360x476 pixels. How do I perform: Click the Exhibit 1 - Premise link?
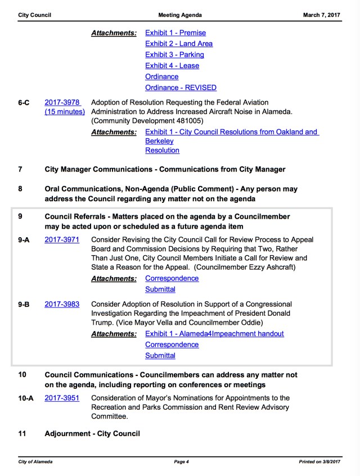click(175, 33)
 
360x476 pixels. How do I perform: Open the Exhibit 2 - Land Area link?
click(179, 44)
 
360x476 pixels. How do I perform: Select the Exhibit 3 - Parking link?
click(174, 55)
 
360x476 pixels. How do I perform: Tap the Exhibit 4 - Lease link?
click(172, 66)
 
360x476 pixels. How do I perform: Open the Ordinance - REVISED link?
click(181, 88)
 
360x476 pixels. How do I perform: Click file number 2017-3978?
click(62, 103)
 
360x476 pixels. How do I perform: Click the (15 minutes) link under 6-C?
click(65, 112)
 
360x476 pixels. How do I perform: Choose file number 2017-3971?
click(62, 240)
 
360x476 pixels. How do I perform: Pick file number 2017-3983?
click(62, 305)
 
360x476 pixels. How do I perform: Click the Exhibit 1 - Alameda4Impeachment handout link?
click(214, 334)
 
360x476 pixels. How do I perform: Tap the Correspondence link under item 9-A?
click(172, 279)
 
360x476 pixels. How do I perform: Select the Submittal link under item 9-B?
click(160, 356)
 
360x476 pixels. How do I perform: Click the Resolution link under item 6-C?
click(162, 151)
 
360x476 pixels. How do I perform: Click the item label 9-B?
click(24, 305)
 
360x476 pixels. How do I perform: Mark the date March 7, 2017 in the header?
click(322, 15)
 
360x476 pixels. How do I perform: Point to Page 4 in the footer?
click(181, 462)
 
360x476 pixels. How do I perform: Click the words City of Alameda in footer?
click(35, 462)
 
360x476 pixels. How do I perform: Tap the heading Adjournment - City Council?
click(92, 434)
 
